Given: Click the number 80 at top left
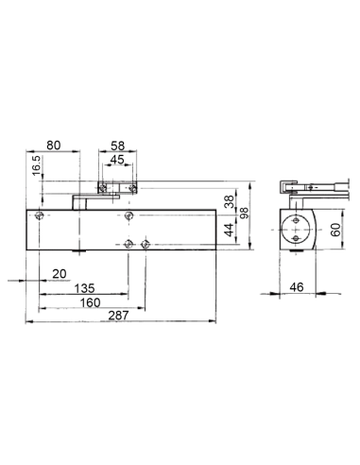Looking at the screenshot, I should tap(54, 146).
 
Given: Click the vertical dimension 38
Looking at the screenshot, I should tap(228, 200).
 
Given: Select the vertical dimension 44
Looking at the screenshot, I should tap(228, 231).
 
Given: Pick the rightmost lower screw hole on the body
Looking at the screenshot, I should tap(145, 244).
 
